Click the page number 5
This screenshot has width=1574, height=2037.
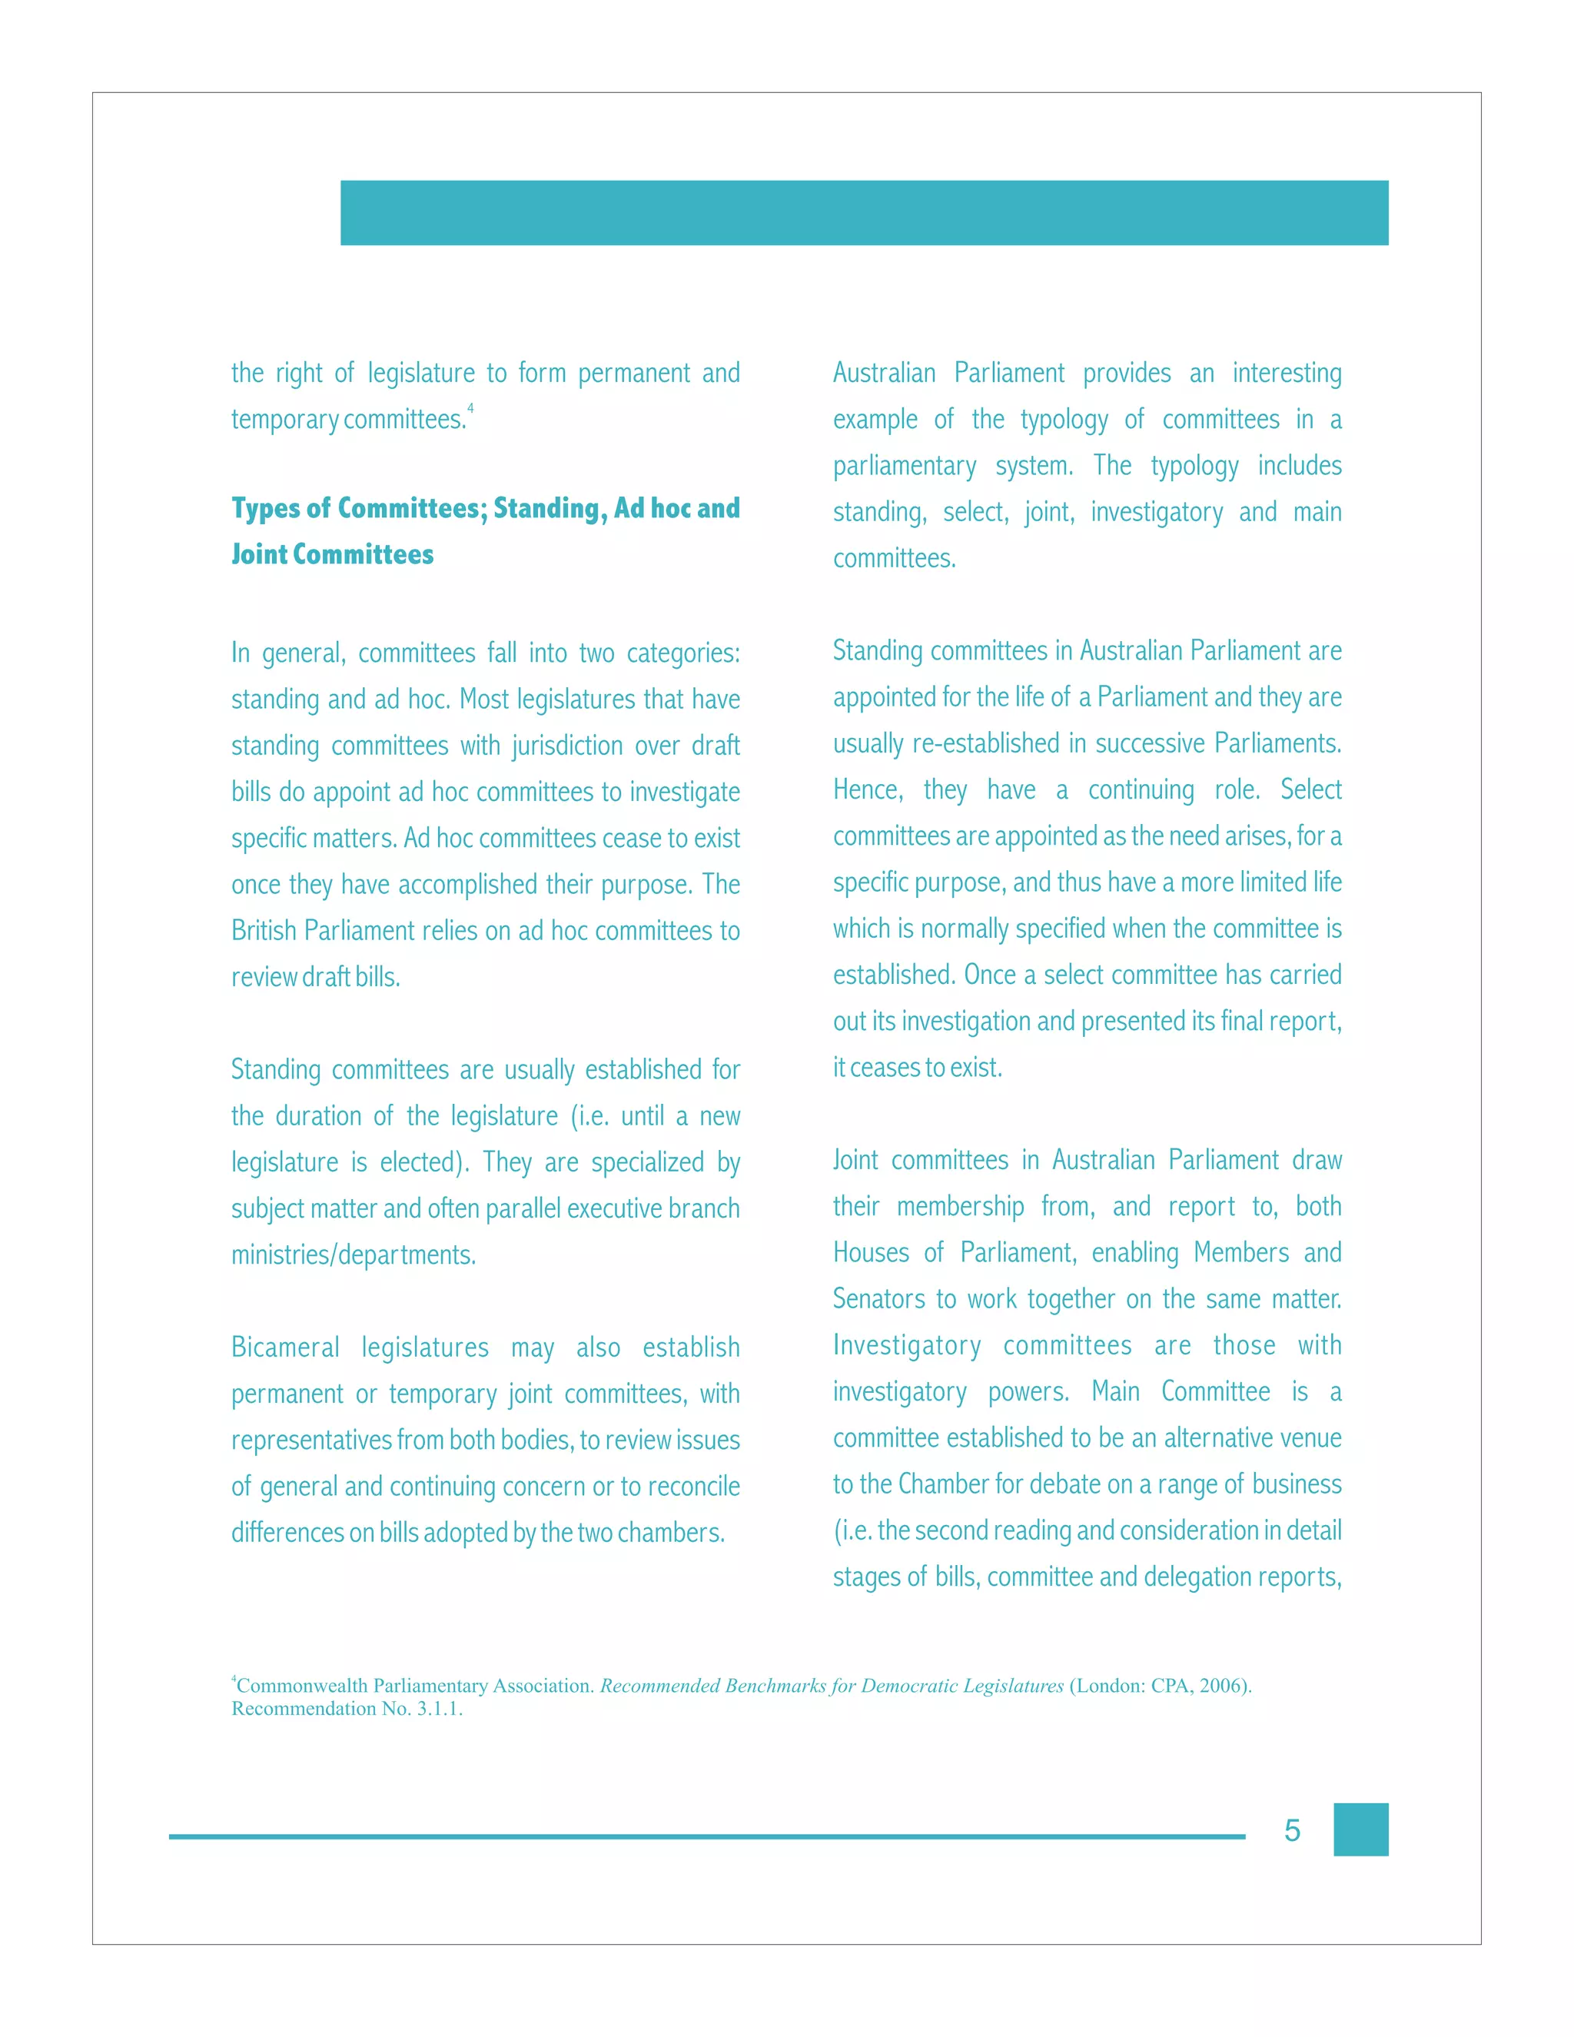pos(1291,1831)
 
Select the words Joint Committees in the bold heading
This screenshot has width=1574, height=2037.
pos(332,555)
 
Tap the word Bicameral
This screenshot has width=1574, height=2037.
pos(285,1347)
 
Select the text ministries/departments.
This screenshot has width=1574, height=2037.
pos(354,1255)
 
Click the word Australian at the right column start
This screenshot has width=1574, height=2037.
pos(884,373)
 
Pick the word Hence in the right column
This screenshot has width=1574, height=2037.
pos(867,790)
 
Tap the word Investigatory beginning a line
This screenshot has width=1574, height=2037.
pos(906,1346)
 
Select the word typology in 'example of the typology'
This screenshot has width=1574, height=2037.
pos(1064,420)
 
